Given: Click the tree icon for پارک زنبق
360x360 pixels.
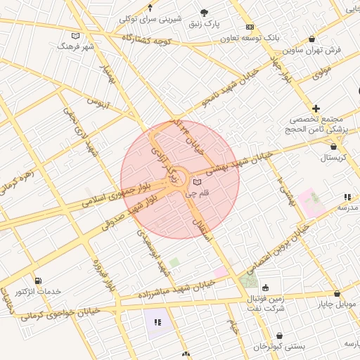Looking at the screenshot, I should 205,13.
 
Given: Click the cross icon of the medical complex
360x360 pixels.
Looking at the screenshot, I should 316,108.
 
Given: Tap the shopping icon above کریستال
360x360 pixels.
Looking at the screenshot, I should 333,147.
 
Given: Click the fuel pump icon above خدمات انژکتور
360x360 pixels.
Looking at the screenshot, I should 37,281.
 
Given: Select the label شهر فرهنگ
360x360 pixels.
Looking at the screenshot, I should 77,46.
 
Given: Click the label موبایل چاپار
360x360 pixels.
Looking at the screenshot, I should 337,304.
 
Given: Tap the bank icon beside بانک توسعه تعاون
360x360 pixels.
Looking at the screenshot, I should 250,27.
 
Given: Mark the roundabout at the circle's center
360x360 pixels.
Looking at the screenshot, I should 179,179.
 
